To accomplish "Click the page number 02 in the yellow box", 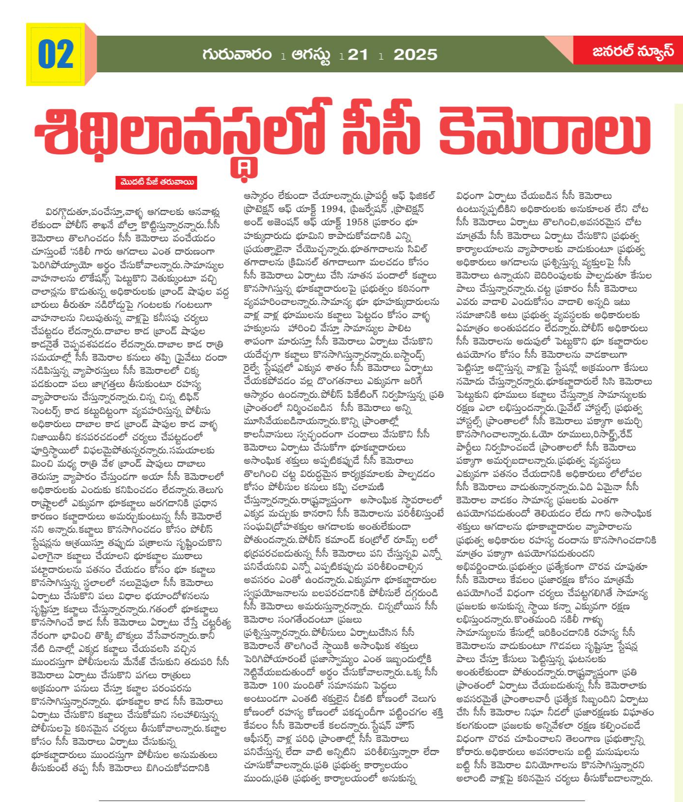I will [56, 55].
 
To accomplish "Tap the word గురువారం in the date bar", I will [237, 54].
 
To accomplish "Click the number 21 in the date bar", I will [358, 55].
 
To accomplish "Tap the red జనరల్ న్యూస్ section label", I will [633, 51].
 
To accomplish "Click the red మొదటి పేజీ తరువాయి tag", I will [156, 183].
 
